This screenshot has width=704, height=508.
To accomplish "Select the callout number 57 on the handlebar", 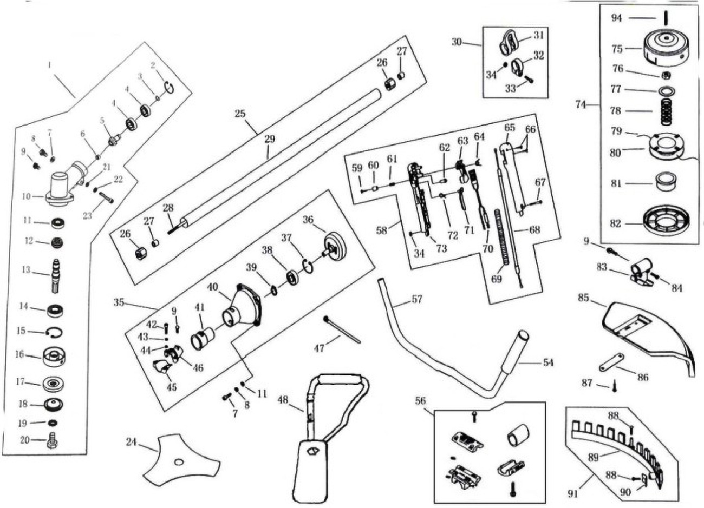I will [x=416, y=299].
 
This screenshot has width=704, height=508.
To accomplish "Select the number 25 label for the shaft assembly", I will [x=241, y=114].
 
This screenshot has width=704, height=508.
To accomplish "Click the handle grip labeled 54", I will [x=518, y=351].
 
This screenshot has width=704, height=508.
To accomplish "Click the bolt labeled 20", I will [x=53, y=441].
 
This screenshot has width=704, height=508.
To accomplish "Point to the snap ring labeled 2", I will [x=170, y=86].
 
